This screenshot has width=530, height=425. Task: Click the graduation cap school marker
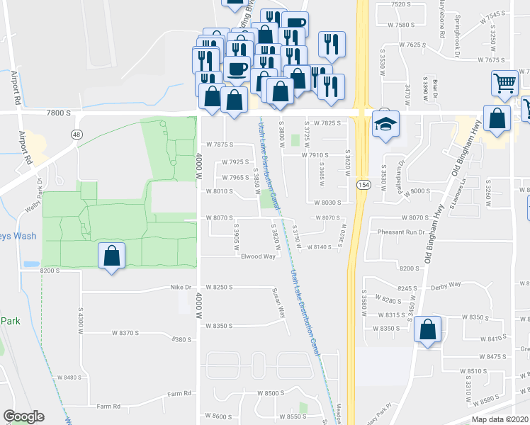pyautogui.click(x=385, y=125)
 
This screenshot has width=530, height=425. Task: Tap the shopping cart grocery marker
pyautogui.click(x=504, y=82)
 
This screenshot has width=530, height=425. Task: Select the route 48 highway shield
pyautogui.click(x=75, y=133)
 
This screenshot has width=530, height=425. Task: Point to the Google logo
pyautogui.click(x=23, y=416)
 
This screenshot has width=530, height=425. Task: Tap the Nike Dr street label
pyautogui.click(x=181, y=287)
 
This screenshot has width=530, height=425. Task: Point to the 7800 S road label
pyautogui.click(x=59, y=112)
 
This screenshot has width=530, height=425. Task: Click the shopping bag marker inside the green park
pyautogui.click(x=111, y=256)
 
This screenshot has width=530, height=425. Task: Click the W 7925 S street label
pyautogui.click(x=236, y=161)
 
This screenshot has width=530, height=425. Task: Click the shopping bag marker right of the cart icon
pyautogui.click(x=497, y=119)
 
